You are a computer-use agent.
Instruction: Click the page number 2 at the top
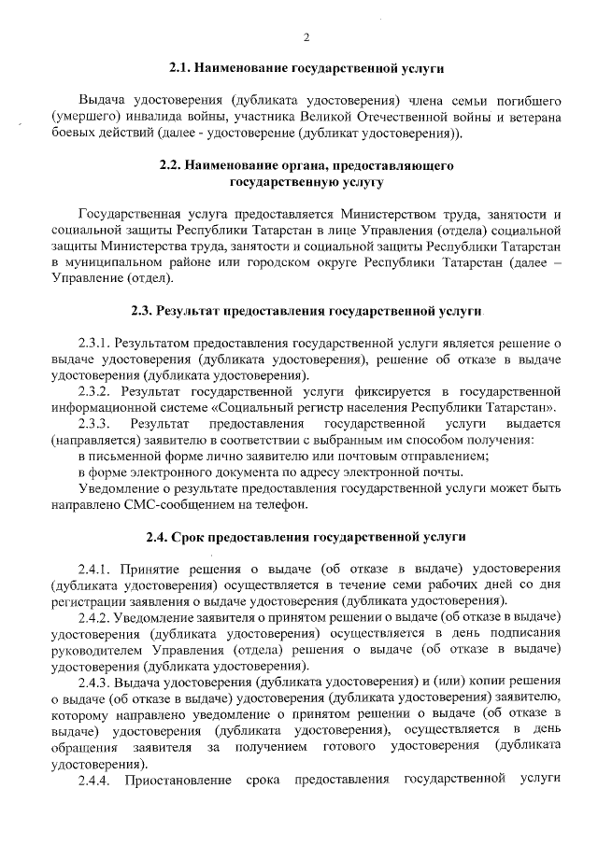pyautogui.click(x=306, y=37)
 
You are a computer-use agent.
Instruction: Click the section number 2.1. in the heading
pyautogui.click(x=182, y=67)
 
